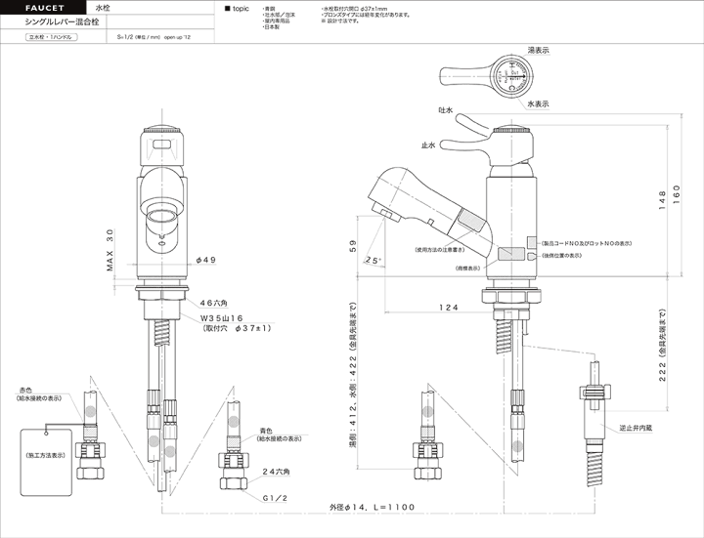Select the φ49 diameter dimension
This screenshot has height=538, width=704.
click(206, 260)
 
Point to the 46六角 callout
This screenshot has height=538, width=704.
click(217, 304)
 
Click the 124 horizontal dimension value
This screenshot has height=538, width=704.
click(448, 308)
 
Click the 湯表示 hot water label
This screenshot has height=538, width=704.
click(537, 48)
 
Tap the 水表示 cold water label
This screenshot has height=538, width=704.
click(538, 103)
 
